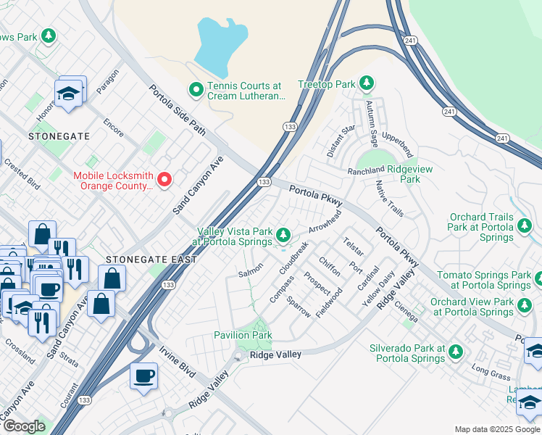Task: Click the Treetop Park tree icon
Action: (367, 84)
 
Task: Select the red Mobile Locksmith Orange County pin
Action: (164, 179)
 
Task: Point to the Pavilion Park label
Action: (243, 335)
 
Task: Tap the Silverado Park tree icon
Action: (455, 352)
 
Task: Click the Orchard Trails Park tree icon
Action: (525, 227)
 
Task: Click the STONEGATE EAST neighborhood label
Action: (151, 260)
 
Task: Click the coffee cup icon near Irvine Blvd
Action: (144, 376)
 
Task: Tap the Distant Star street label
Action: (341, 141)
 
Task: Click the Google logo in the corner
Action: (24, 426)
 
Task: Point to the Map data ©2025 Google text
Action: (496, 429)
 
